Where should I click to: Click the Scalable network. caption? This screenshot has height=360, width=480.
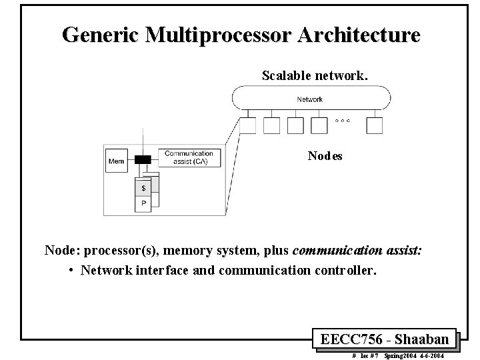pos(315,75)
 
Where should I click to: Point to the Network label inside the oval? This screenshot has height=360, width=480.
pos(309,99)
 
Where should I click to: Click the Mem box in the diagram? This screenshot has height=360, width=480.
pos(116,161)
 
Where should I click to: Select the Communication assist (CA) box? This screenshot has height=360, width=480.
pos(189,157)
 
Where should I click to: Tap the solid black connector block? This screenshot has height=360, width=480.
pos(143,160)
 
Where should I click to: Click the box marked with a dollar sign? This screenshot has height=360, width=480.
pos(143,188)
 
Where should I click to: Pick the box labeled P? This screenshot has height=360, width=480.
pos(143,203)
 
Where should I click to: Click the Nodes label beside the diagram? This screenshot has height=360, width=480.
pos(325,156)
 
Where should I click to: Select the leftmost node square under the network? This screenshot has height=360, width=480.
pos(248,125)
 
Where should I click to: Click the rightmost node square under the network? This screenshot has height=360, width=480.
pos(375,125)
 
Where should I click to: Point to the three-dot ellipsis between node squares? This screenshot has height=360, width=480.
pos(343,121)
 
